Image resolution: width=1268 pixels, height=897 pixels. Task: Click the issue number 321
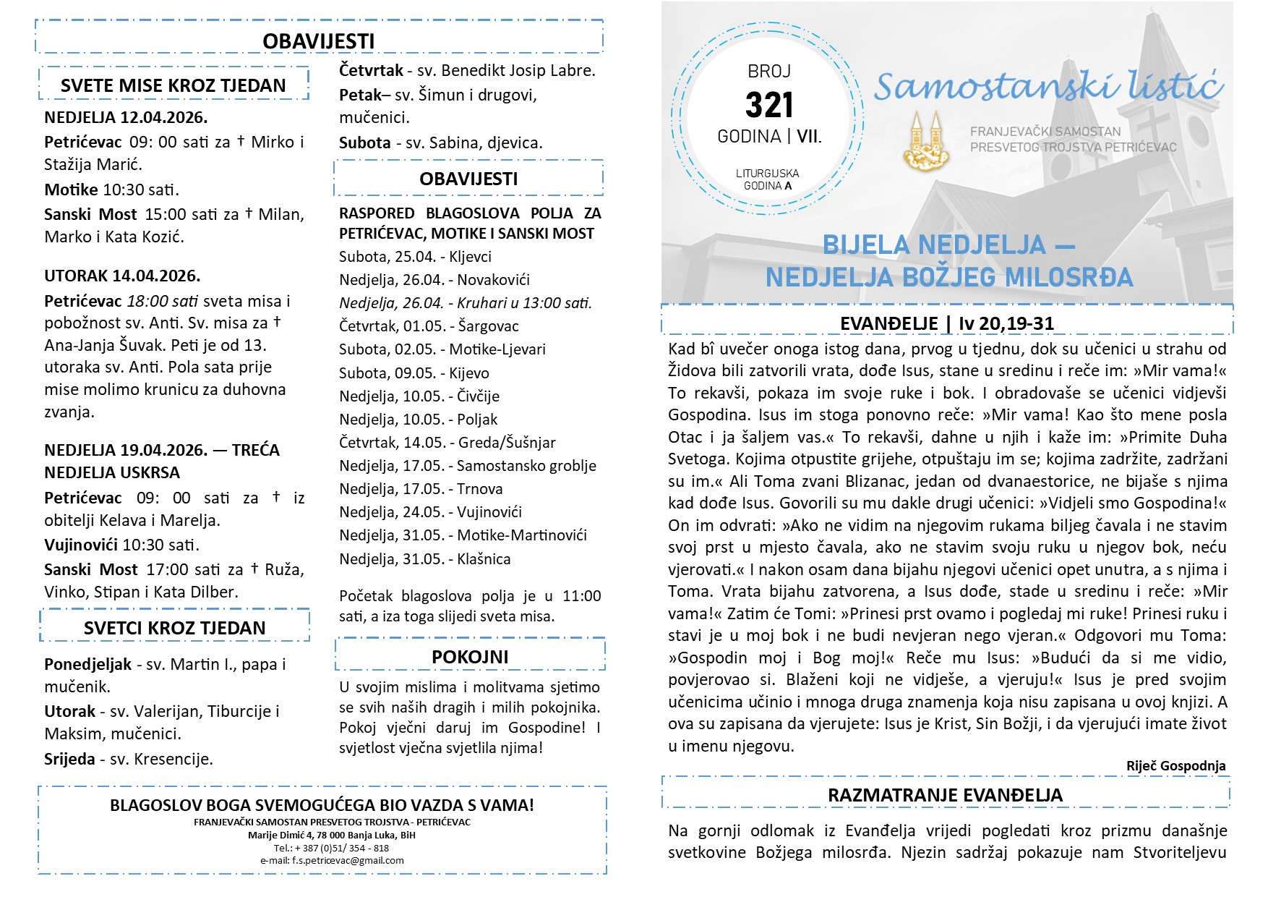click(769, 106)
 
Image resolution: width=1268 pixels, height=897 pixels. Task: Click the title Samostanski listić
click(1048, 87)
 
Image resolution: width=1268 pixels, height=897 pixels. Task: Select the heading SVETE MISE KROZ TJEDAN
click(174, 85)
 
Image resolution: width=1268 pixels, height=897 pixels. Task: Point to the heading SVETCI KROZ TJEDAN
click(174, 628)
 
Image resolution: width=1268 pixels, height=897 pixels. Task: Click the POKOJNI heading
click(470, 657)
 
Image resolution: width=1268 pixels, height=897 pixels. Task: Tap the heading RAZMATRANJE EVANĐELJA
click(945, 795)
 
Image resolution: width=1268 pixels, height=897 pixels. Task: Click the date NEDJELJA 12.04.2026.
click(126, 117)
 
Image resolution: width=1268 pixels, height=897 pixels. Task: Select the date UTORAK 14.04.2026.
click(122, 276)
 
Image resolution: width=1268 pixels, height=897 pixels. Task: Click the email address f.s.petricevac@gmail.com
click(332, 861)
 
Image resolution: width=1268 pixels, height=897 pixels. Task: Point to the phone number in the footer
click(332, 848)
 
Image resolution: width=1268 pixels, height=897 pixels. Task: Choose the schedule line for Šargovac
click(429, 326)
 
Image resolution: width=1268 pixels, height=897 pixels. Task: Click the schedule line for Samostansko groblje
click(468, 466)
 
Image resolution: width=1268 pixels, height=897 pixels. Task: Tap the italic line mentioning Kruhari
click(466, 303)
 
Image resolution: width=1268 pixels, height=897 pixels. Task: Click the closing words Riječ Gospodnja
click(1175, 765)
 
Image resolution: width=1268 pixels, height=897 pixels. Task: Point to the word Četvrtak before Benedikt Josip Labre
click(371, 70)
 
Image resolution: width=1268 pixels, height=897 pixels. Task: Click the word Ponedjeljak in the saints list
click(87, 664)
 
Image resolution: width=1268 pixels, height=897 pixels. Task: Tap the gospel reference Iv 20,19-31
click(1006, 323)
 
